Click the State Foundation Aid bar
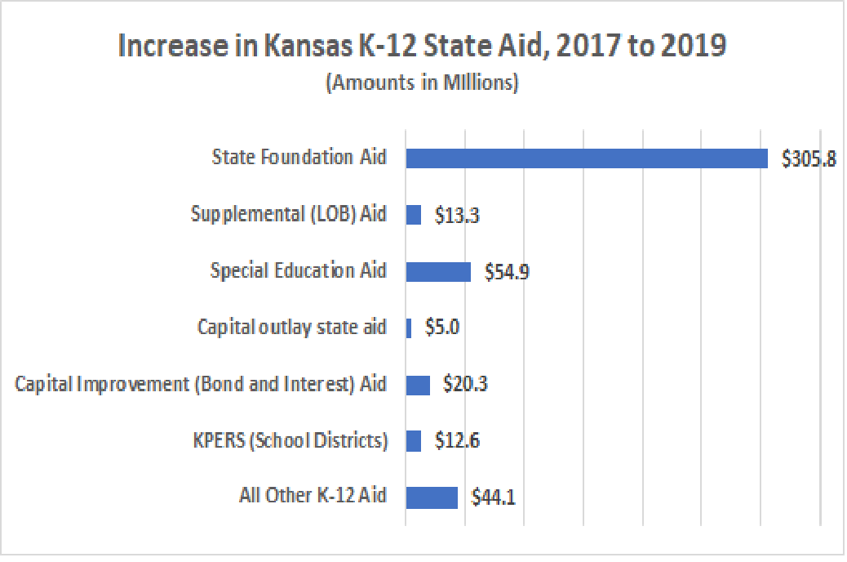point(587,158)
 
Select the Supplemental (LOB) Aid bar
point(414,215)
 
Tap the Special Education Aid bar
point(438,271)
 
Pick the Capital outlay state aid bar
point(409,328)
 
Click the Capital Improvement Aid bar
point(418,385)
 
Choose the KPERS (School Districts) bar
point(414,441)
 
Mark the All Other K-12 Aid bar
point(432,497)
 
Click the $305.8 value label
point(808,159)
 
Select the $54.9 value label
point(507,272)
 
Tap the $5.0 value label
point(442,328)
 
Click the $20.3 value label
point(465,385)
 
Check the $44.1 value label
point(493,497)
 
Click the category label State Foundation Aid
point(299,157)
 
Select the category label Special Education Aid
point(298,270)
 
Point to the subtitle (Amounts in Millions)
point(422,84)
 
